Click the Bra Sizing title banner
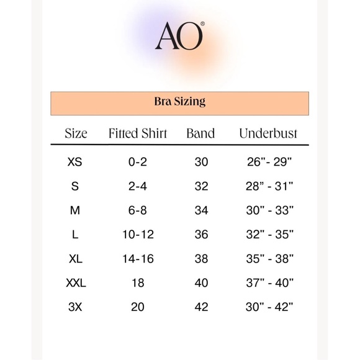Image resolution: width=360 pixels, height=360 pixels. [x=179, y=102]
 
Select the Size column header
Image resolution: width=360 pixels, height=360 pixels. [x=76, y=133]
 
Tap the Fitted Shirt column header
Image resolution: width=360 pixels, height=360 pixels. [x=138, y=133]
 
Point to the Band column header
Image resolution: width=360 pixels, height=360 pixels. [x=200, y=133]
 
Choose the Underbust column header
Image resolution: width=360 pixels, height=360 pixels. [x=268, y=133]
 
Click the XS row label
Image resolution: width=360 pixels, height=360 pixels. [x=74, y=162]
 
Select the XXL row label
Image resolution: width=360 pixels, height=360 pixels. [x=76, y=283]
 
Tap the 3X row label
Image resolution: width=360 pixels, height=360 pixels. [x=74, y=307]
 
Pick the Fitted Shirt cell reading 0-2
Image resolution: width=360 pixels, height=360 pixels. [x=138, y=162]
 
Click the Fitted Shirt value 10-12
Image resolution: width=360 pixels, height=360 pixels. [x=138, y=235]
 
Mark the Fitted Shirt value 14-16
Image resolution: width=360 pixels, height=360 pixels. [x=138, y=259]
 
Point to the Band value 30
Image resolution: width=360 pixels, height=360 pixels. [x=201, y=162]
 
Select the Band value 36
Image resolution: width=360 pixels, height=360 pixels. [x=201, y=235]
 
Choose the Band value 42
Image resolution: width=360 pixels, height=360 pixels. [x=201, y=307]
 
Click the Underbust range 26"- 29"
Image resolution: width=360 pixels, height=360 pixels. [x=269, y=162]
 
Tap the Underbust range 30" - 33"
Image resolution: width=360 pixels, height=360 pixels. [x=269, y=210]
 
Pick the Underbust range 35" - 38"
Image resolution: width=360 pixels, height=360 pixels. [x=269, y=259]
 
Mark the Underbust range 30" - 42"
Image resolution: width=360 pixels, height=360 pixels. [x=269, y=307]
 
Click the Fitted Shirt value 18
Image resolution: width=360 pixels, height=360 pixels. [x=138, y=283]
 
